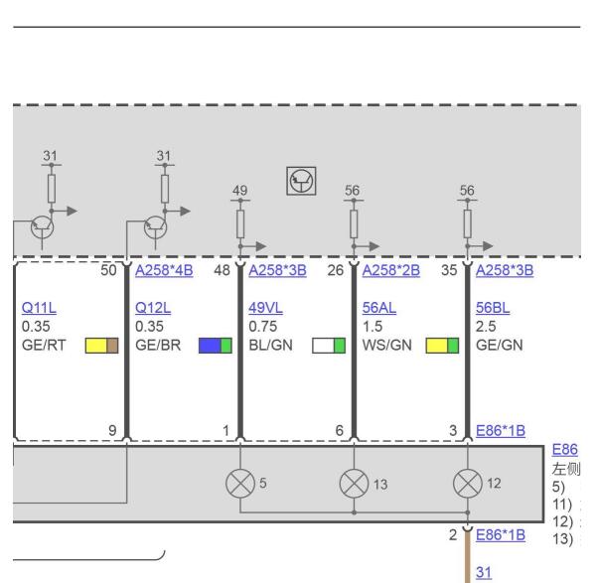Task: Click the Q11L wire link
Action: pos(36,307)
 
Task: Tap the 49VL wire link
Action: pos(264,307)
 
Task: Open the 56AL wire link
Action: pos(378,307)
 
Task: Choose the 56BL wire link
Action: pos(494,307)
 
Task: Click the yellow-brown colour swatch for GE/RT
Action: pos(102,345)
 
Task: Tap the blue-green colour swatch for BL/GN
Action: pos(216,345)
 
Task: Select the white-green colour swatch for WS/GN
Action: pos(329,345)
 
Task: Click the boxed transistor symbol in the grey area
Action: pos(300,181)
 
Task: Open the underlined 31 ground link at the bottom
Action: pos(486,572)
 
